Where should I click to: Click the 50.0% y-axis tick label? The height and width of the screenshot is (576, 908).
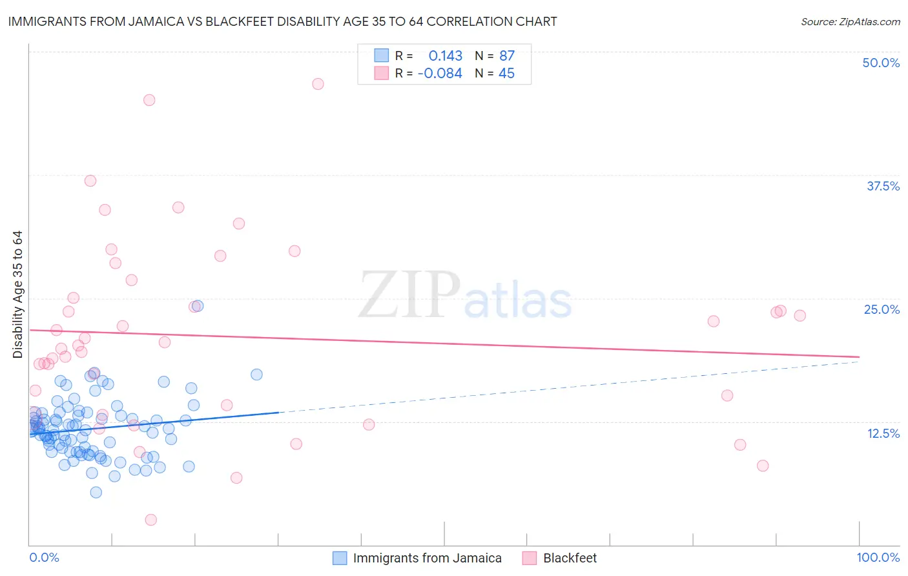(x=881, y=63)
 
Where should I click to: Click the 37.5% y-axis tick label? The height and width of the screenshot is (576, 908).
(x=883, y=186)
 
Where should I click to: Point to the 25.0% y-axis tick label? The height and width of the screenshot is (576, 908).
(x=882, y=309)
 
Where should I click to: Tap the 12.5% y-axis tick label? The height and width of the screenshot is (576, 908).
(x=883, y=433)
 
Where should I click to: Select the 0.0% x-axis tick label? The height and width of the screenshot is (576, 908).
(x=44, y=557)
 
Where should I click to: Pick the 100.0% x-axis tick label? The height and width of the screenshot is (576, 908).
(x=878, y=557)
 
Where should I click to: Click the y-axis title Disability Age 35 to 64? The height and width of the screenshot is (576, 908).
(x=17, y=294)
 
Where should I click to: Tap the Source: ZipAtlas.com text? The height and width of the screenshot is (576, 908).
(x=850, y=21)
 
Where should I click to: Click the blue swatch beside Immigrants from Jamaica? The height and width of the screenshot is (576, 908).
(x=340, y=558)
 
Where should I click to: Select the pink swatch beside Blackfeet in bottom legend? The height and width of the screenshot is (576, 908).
(x=530, y=558)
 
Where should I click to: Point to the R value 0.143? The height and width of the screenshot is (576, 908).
(x=445, y=56)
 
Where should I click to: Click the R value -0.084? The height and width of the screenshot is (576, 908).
(x=440, y=74)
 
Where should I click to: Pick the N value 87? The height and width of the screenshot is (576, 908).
(x=506, y=56)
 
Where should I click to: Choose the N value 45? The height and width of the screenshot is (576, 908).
(x=506, y=74)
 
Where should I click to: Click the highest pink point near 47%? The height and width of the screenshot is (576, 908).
(x=318, y=84)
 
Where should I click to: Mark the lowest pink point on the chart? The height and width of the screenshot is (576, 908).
(x=151, y=520)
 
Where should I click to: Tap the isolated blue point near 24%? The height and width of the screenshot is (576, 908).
(x=198, y=305)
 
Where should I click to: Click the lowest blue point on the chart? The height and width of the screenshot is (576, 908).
(x=96, y=492)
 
